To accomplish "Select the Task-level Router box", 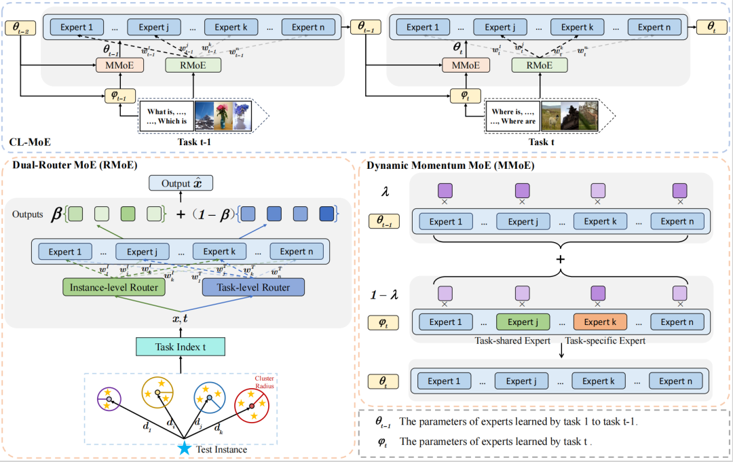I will (x=253, y=288).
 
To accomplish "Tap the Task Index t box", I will (x=181, y=346).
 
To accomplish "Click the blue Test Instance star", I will (x=183, y=449).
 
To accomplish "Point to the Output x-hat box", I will (x=180, y=183).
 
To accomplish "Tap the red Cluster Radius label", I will (x=265, y=382).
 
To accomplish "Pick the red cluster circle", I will (x=252, y=405).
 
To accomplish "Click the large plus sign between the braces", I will (x=561, y=261).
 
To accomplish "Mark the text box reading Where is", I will (x=512, y=116).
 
